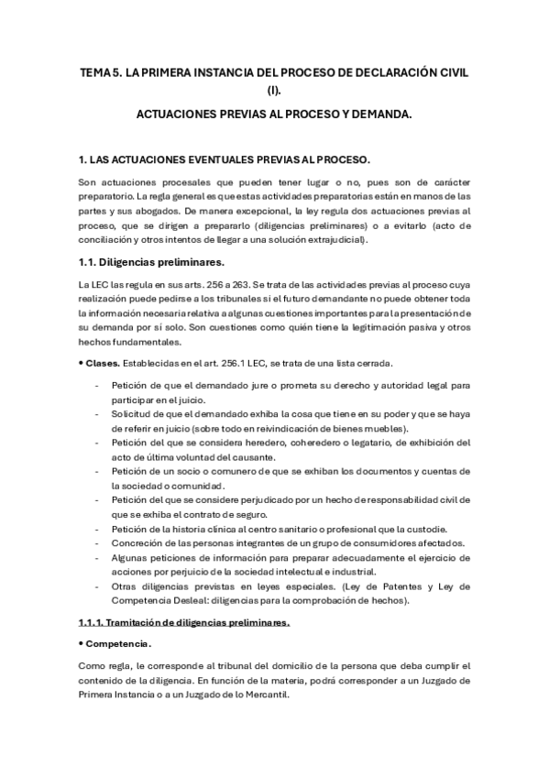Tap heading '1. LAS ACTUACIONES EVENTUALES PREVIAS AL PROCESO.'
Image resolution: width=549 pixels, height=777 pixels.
click(x=224, y=159)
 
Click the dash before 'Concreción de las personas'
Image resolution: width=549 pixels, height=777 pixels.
click(x=98, y=543)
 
